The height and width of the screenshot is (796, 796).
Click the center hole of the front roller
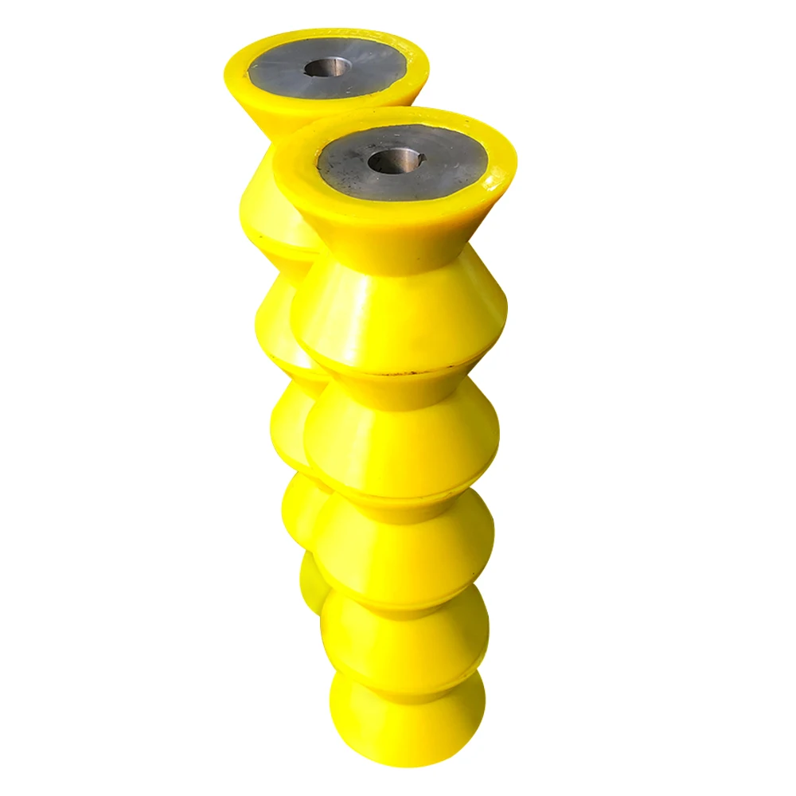pos(394,161)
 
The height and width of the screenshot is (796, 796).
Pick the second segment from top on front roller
pos(398,318)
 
